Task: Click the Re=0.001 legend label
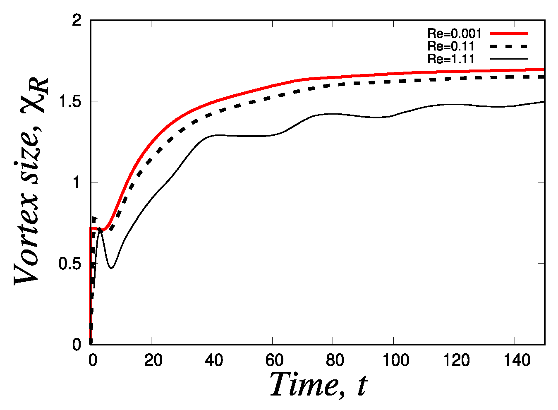pos(454,34)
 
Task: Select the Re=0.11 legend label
pos(450,46)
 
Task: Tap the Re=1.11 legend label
pos(450,59)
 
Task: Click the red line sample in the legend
pos(509,34)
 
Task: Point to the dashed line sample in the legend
pos(509,46)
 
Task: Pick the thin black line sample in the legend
pos(509,59)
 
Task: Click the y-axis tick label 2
pos(76,20)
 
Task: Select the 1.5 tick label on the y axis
pos(69,101)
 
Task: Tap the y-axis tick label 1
pos(76,182)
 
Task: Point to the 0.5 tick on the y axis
pos(69,264)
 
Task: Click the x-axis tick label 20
pos(153,361)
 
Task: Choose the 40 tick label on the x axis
pos(213,361)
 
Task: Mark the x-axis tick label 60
pos(274,361)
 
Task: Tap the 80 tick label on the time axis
pos(334,361)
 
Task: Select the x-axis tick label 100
pos(395,361)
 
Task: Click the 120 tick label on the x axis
pos(455,361)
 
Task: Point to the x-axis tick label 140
pos(516,361)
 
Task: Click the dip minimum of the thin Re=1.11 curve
pos(111,268)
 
